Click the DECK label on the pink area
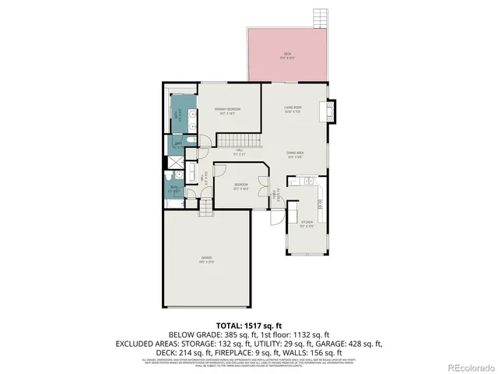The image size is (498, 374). (286, 55)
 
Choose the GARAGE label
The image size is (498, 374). (206, 259)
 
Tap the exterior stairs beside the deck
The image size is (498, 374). (319, 17)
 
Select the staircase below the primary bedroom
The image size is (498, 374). (230, 141)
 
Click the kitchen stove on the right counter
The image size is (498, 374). (320, 205)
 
